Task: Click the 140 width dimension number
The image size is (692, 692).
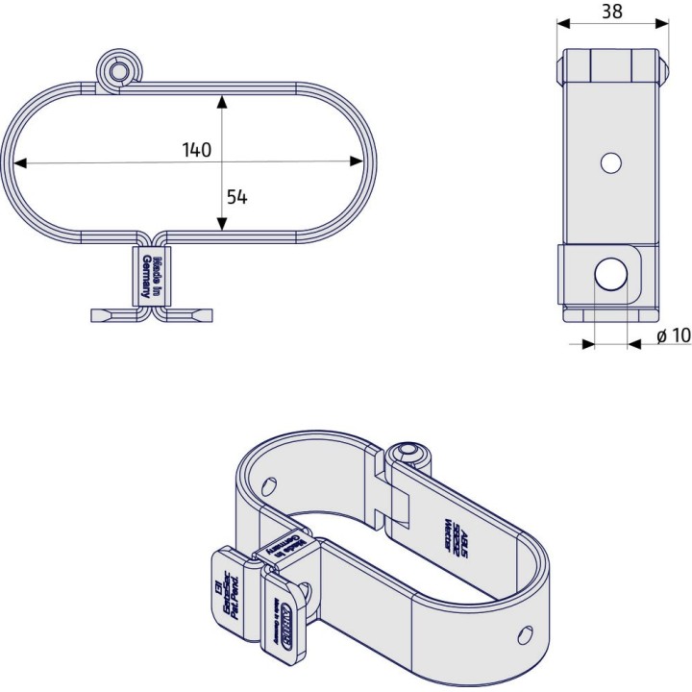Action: [196, 150]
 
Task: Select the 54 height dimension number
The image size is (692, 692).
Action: [236, 196]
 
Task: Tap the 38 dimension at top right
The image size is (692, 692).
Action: [610, 12]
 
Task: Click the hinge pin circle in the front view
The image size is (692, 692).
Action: [118, 70]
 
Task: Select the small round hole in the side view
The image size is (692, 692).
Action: [609, 163]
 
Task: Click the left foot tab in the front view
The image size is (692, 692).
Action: [113, 315]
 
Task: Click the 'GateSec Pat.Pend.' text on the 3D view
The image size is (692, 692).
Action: [228, 596]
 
